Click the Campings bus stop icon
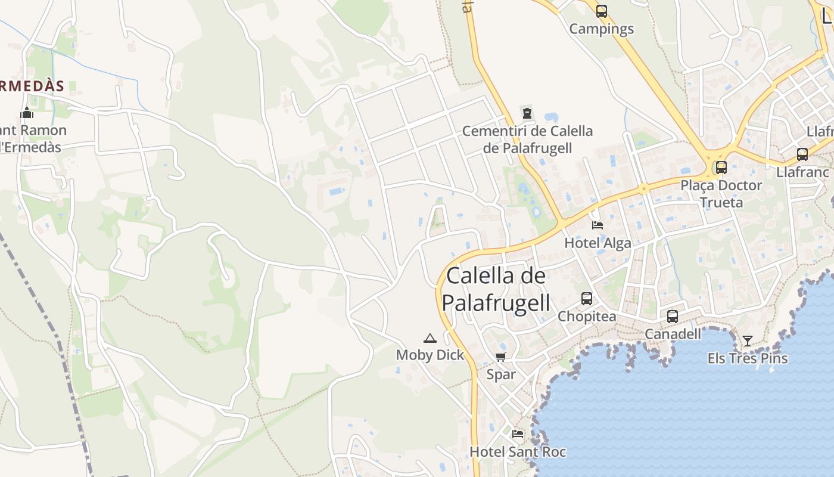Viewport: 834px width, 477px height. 602,11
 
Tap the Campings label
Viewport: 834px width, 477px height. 602,29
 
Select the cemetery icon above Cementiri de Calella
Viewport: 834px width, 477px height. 527,112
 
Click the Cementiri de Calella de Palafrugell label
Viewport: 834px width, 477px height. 527,139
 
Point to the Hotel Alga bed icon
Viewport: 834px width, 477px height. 598,225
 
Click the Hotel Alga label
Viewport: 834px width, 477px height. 598,243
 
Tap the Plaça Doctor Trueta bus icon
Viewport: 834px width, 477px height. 721,167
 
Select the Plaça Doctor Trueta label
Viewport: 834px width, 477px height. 721,194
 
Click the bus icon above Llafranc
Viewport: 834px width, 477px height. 802,154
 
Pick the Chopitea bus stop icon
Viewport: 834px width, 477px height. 587,298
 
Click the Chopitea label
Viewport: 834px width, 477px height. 587,317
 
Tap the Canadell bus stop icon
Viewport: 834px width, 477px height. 673,316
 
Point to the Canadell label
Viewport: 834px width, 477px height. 673,334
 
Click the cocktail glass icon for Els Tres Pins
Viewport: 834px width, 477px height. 748,340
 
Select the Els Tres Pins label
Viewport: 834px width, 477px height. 748,358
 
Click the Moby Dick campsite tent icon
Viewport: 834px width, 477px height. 430,338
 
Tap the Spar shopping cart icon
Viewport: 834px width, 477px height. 501,357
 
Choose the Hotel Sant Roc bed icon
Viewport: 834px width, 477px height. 518,433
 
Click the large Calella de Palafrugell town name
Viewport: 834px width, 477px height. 496,289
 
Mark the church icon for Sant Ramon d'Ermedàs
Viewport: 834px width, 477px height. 27,112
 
